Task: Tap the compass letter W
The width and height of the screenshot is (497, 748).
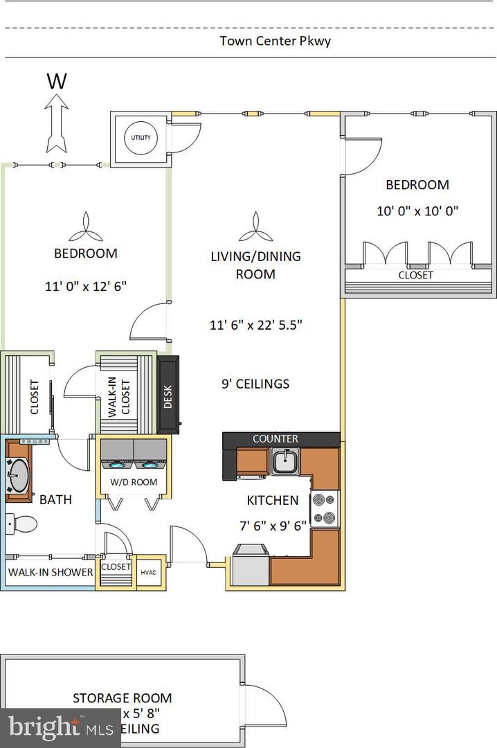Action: (x=57, y=82)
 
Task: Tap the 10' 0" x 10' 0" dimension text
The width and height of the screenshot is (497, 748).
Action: (x=417, y=211)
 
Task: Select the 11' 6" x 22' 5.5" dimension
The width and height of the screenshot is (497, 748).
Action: (x=256, y=324)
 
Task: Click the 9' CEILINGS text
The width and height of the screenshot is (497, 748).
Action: (x=255, y=384)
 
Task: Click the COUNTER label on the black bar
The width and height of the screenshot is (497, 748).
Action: (x=275, y=439)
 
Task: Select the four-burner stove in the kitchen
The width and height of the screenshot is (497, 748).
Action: (x=325, y=508)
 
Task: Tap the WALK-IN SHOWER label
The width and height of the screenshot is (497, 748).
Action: (x=50, y=573)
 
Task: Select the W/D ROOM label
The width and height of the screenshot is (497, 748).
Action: (x=134, y=482)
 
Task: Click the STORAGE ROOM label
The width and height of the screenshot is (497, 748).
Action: (x=123, y=698)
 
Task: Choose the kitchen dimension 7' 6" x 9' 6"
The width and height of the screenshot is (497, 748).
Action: (x=272, y=525)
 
